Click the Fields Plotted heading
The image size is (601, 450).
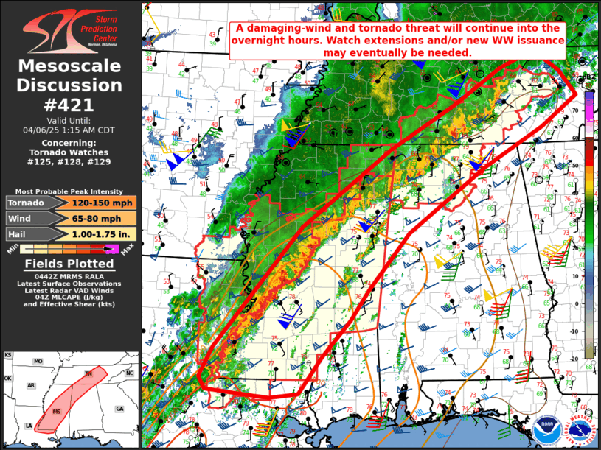click(70, 264)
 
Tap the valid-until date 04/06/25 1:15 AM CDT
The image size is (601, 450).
click(70, 130)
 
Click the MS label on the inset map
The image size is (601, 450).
click(57, 411)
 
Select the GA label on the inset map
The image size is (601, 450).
click(119, 409)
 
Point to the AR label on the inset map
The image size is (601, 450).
click(31, 385)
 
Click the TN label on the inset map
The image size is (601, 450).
click(88, 375)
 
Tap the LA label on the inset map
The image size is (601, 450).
click(28, 426)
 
